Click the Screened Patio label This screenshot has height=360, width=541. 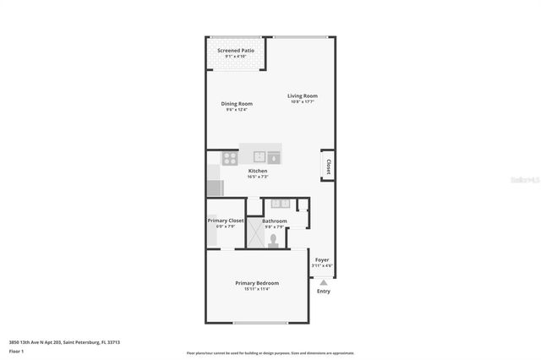click(235, 51)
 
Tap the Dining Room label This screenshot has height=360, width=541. click(237, 104)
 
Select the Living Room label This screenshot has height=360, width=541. click(302, 96)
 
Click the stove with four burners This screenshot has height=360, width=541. click(229, 158)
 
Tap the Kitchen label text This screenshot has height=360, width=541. click(257, 171)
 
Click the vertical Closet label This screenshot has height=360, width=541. click(326, 166)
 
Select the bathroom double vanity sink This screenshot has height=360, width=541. click(278, 204)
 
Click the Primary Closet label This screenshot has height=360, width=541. click(226, 221)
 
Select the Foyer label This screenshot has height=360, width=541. click(322, 259)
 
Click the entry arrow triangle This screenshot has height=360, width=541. click(322, 282)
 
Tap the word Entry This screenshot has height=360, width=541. click(323, 292)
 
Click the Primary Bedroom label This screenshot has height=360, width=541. click(257, 282)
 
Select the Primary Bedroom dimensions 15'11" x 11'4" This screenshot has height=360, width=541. click(257, 288)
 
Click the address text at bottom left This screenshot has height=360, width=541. click(64, 342)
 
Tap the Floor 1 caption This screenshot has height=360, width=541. click(17, 350)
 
